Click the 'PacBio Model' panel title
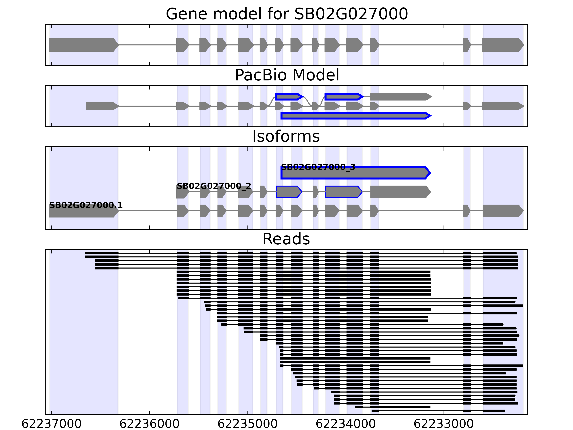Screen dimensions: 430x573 [286, 75]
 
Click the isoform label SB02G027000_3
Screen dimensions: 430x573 [318, 167]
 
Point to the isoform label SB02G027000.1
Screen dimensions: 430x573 [86, 205]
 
